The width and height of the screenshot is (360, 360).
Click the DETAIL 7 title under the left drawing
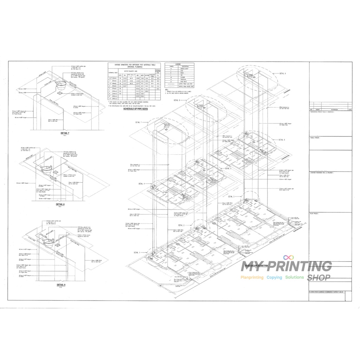tap(65, 134)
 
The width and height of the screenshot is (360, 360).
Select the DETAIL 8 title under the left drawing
tap(60, 204)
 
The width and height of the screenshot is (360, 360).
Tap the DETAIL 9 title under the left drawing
tap(60, 284)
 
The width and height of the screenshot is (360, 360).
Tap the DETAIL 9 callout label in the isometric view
tap(283, 73)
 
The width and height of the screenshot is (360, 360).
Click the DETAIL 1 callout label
tap(137, 252)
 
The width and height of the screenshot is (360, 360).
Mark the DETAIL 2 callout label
tap(181, 225)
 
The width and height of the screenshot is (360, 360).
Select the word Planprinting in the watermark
tap(252, 277)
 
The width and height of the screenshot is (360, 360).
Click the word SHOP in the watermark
tap(319, 278)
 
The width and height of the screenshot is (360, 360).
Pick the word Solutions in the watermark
tap(295, 277)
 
